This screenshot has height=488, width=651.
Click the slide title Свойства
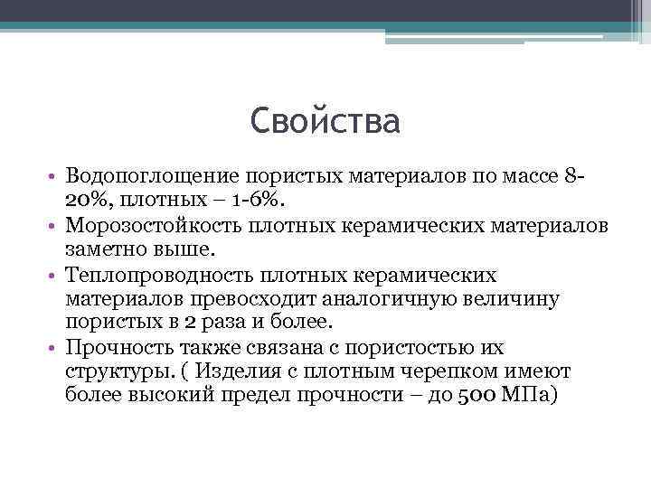325,121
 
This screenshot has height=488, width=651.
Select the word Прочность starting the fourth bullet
114,348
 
